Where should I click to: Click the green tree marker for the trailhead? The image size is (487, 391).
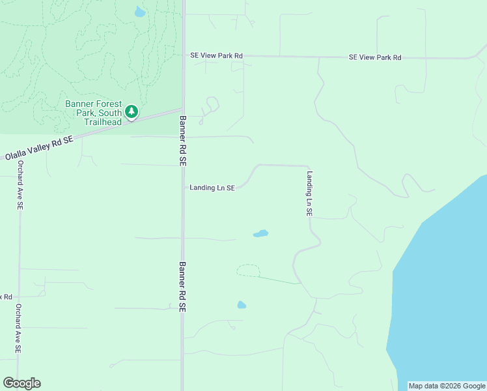coord(132,112)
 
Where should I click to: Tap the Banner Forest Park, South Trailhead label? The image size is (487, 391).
coord(92,113)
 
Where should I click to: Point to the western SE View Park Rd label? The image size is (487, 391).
coord(216,56)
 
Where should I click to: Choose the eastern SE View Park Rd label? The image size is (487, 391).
coord(375,57)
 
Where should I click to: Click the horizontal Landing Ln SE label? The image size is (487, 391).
coord(212,188)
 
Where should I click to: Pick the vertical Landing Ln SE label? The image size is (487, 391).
coord(310,194)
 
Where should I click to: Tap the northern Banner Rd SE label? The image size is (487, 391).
coord(183,140)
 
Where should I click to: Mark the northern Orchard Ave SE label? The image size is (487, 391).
coord(20,185)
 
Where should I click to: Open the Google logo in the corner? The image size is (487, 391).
coord(21,383)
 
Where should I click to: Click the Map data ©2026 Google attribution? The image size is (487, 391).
coord(447,386)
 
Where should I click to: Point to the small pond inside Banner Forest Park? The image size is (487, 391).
coord(139,12)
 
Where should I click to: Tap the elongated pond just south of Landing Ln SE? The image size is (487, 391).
coord(260,233)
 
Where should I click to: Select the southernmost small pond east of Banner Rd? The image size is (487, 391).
coord(242,304)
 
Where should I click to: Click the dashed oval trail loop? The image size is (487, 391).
coord(248,270)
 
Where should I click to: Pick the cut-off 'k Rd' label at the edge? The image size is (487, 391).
coord(6,297)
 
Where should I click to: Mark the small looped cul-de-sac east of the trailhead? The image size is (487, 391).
coord(212,104)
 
